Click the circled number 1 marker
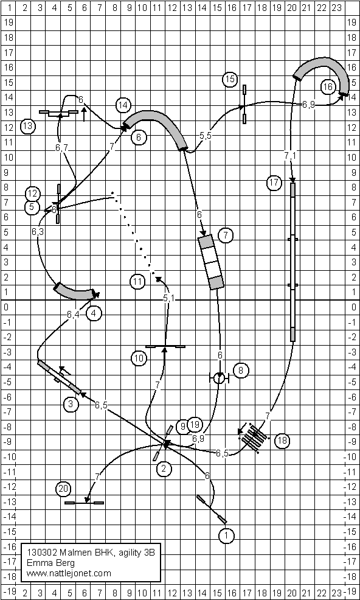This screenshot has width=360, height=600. click(226, 535)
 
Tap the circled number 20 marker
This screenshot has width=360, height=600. click(63, 489)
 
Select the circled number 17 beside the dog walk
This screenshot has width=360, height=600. click(274, 183)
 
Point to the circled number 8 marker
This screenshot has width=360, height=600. click(241, 370)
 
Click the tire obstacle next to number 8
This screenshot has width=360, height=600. click(219, 378)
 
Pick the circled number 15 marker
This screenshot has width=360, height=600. click(230, 79)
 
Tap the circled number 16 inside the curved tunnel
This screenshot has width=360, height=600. click(328, 87)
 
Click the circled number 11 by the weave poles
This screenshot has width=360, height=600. click(137, 282)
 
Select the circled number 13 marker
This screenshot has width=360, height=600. click(28, 126)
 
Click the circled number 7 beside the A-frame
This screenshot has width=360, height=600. click(226, 235)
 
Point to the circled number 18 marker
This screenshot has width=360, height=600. click(282, 440)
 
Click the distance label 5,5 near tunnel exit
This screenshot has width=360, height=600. click(205, 136)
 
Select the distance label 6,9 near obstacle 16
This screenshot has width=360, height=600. click(308, 104)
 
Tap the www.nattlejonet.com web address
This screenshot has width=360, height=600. click(69, 573)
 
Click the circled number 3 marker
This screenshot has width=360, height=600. click(71, 404)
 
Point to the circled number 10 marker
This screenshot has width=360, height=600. click(139, 358)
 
